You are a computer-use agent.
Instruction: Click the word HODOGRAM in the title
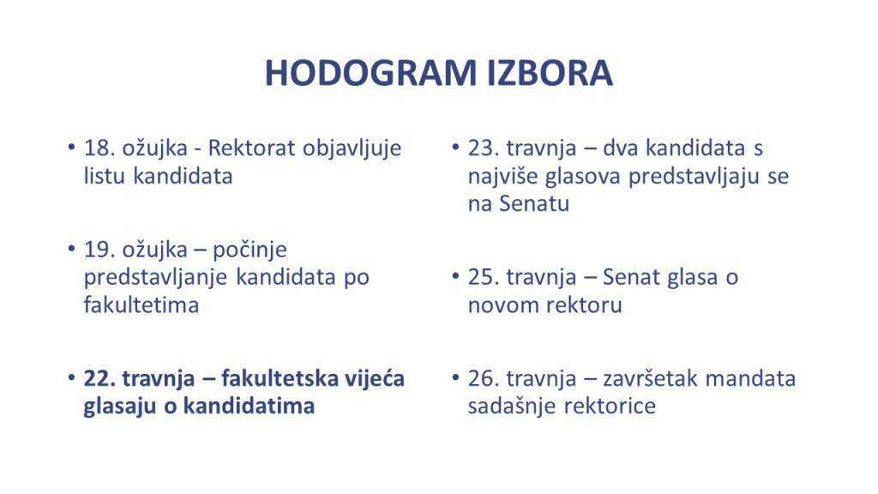(x=370, y=73)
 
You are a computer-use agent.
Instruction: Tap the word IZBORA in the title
(x=550, y=73)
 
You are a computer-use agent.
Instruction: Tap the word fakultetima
(x=141, y=305)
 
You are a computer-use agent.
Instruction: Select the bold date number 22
(x=97, y=378)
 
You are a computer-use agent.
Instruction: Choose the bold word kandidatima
(x=250, y=406)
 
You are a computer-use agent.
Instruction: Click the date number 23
(x=481, y=148)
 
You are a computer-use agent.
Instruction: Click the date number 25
(x=481, y=277)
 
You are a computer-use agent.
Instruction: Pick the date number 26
(x=481, y=378)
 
